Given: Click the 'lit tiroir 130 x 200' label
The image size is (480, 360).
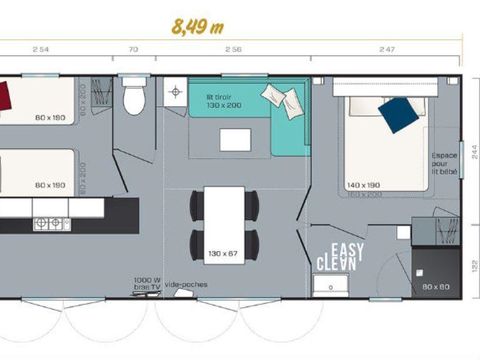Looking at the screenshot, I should (x=223, y=100).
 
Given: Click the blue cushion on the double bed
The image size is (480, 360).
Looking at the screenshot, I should (x=398, y=113).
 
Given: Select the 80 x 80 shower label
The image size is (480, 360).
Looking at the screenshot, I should (x=436, y=288).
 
